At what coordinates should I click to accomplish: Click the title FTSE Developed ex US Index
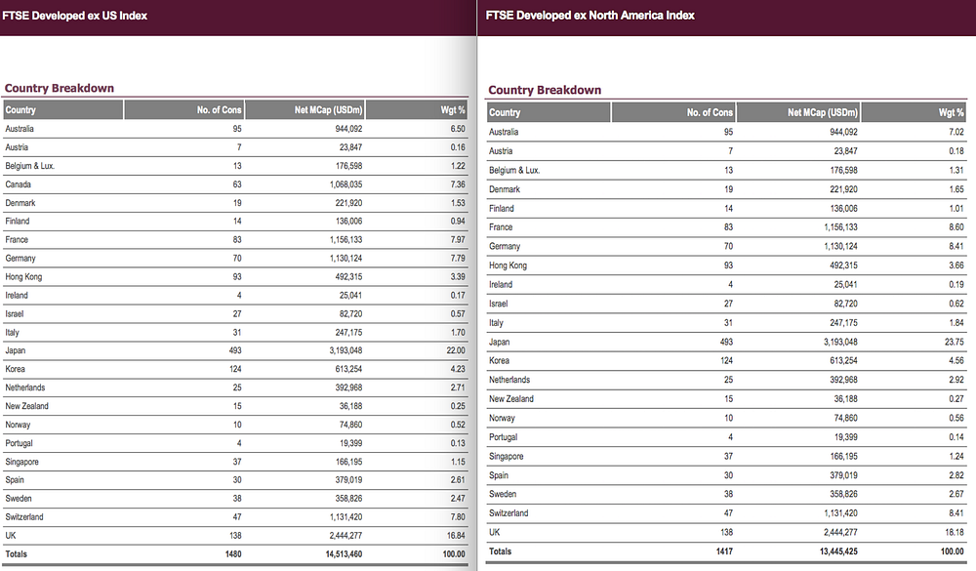coord(75,16)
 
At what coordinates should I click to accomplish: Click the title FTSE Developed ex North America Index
coord(590,16)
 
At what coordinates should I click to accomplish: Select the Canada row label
coord(18,184)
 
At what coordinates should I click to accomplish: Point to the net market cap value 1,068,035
coord(346,184)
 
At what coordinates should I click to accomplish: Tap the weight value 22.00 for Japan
coord(456,350)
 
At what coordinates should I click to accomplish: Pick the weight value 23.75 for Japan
coord(954,342)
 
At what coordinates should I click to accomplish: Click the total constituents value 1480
coord(233,554)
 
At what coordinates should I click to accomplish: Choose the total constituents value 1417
coord(724,551)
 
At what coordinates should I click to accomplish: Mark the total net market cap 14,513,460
coord(344,554)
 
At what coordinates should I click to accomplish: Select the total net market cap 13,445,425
coord(838,551)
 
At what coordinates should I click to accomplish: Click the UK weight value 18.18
coord(955,532)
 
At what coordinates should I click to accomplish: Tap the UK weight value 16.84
coord(456,536)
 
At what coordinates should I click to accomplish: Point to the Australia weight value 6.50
coord(458,129)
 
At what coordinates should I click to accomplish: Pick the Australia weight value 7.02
coord(956,132)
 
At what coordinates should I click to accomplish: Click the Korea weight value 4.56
coord(956,360)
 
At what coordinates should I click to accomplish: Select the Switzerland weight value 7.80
coord(458,516)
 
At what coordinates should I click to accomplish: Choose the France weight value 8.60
coord(956,227)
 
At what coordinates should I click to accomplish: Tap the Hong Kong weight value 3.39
coord(458,276)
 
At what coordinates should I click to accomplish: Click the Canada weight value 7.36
coord(458,184)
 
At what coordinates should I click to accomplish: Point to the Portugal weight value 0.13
coord(458,443)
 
